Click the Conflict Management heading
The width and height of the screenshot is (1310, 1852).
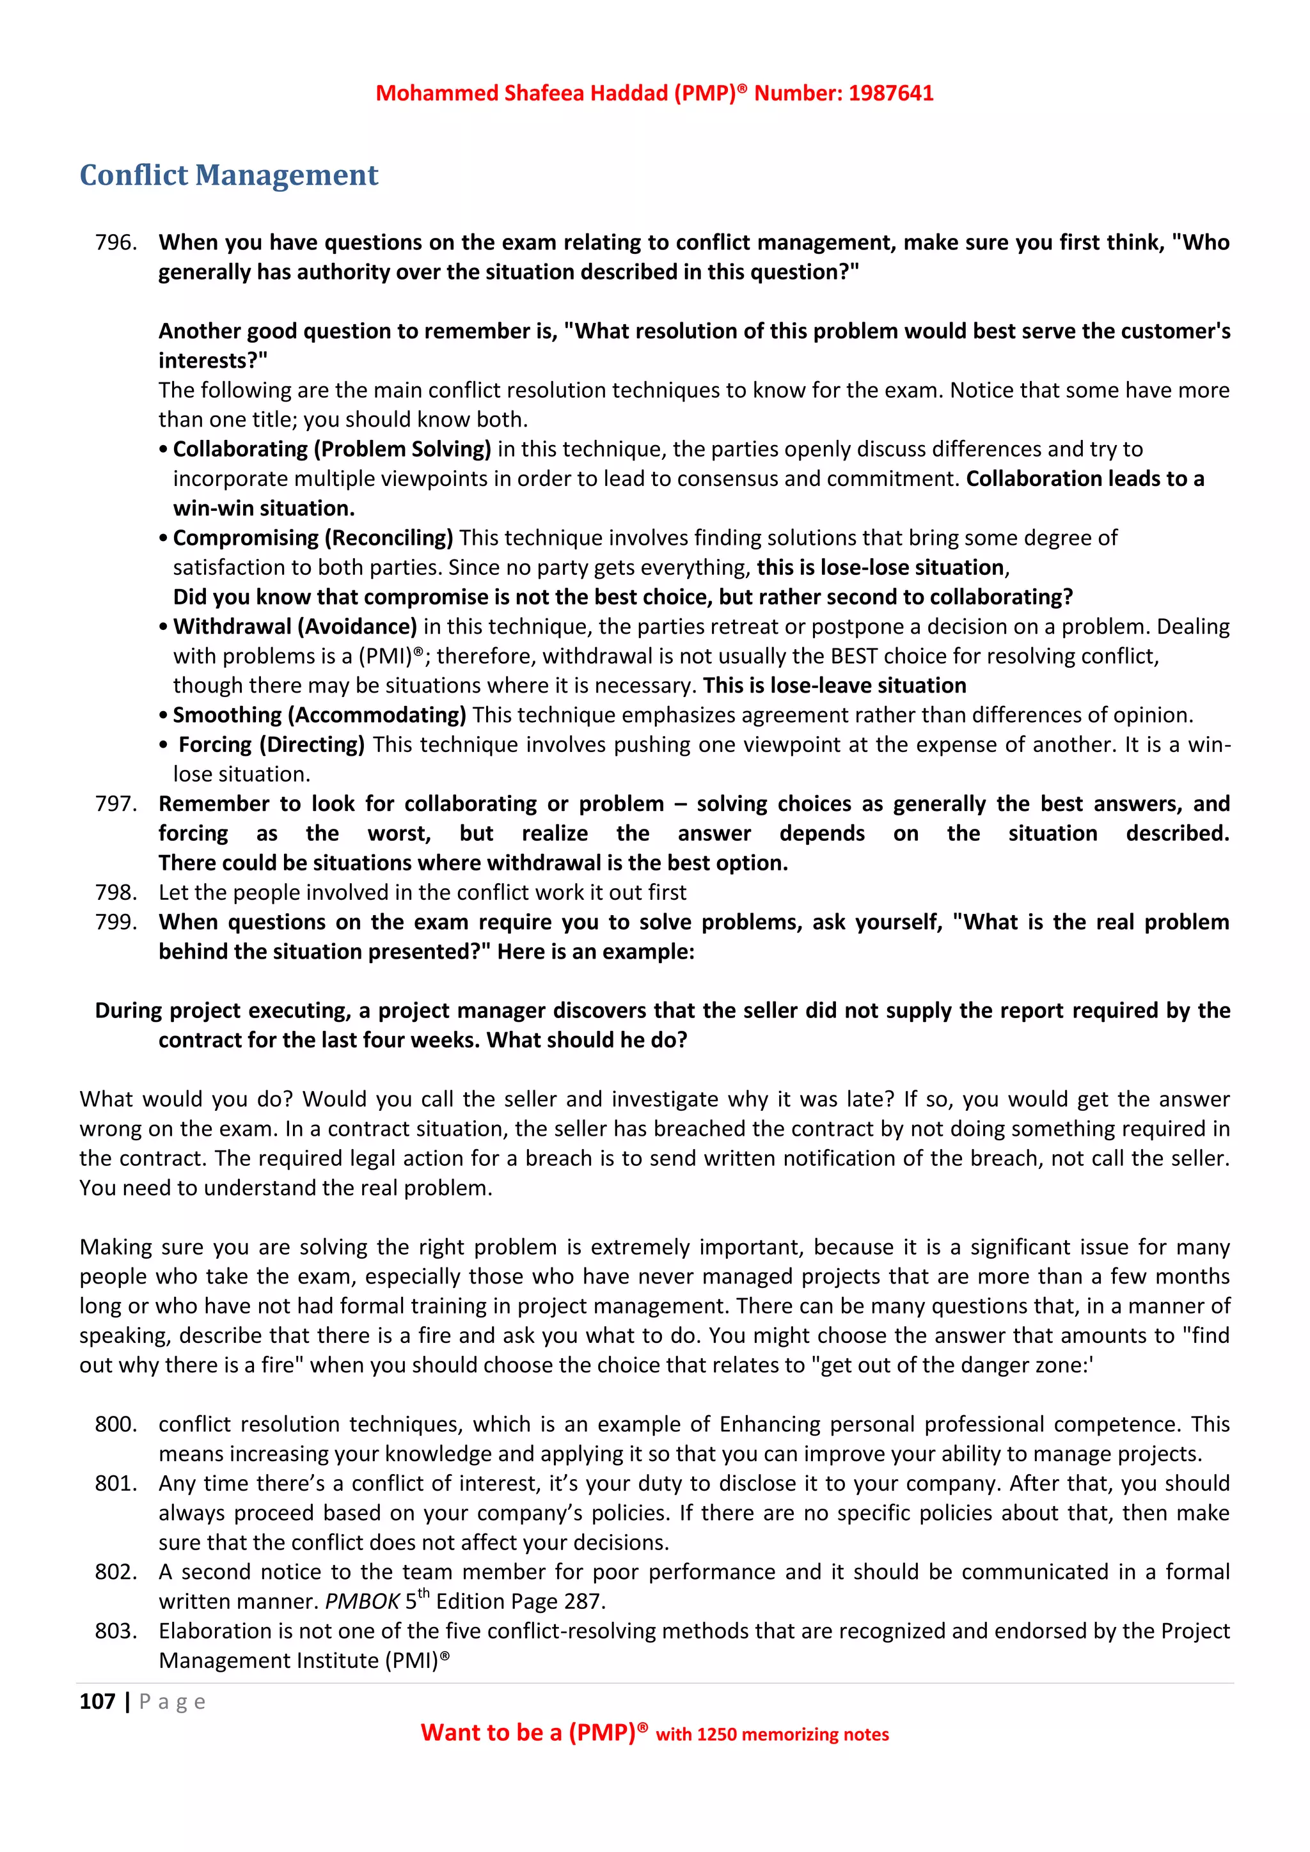click(228, 175)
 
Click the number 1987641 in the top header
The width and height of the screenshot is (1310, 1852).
click(890, 93)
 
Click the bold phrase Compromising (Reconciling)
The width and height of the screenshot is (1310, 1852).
click(313, 537)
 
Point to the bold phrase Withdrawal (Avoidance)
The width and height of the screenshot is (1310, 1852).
click(294, 626)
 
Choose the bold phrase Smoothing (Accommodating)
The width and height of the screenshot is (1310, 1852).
click(319, 715)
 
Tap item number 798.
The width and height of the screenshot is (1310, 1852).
click(115, 892)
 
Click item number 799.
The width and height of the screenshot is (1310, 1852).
click(115, 922)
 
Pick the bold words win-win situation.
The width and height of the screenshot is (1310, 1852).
click(264, 508)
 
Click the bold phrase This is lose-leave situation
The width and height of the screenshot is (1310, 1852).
click(834, 685)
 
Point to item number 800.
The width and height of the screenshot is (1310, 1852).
click(115, 1424)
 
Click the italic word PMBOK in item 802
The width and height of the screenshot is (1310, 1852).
click(362, 1601)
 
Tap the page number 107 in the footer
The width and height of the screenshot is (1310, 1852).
click(97, 1701)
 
